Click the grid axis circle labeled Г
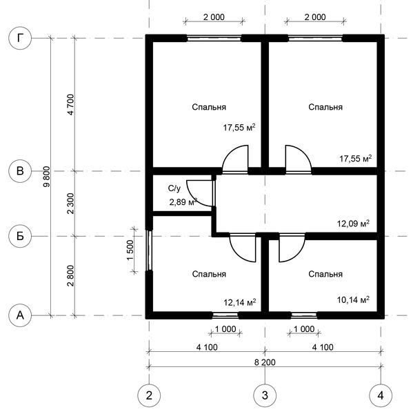20,38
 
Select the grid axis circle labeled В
20,171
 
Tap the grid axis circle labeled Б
20,236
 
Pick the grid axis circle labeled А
20,315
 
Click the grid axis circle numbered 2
149,395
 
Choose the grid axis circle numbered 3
265,395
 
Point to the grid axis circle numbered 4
381,395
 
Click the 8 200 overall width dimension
265,362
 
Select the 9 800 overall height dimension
46,177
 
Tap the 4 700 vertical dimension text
71,105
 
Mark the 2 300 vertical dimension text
71,204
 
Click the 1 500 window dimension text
130,250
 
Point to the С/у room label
174,188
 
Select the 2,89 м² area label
183,202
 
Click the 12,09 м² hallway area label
353,224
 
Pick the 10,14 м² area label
353,299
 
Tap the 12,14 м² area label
240,302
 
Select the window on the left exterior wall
150,250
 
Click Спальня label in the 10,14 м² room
325,274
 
